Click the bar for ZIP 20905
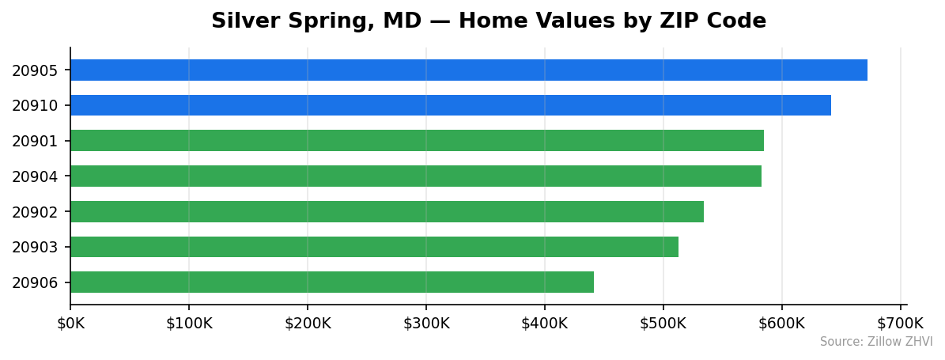[x=468, y=70]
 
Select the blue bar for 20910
[x=450, y=105]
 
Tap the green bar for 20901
[x=417, y=141]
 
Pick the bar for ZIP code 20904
[x=415, y=176]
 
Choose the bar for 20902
[x=387, y=211]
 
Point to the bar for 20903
[x=374, y=247]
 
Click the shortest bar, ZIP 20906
[x=331, y=282]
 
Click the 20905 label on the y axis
[x=35, y=70]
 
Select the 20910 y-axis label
[x=35, y=106]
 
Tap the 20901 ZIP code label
[x=35, y=142]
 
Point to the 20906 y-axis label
[x=35, y=283]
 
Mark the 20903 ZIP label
[x=35, y=248]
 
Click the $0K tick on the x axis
[x=70, y=323]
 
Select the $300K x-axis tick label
[x=426, y=323]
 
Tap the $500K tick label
[x=663, y=323]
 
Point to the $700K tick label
[x=900, y=323]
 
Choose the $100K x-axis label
[x=189, y=323]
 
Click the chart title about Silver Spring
[x=488, y=21]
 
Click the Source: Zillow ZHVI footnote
[x=876, y=342]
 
